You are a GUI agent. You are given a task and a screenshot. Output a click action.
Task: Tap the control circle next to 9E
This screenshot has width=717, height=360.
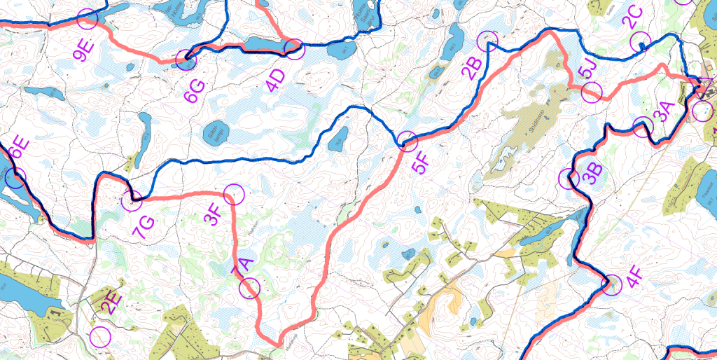88,19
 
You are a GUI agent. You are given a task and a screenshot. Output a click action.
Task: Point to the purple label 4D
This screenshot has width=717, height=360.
277,81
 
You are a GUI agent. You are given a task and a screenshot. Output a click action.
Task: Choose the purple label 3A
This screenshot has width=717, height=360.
662,111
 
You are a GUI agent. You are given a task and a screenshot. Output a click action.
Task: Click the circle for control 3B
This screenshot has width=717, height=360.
569,178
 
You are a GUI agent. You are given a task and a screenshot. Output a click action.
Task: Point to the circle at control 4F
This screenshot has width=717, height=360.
612,284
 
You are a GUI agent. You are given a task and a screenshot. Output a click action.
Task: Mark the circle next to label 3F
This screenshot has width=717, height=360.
233,194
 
